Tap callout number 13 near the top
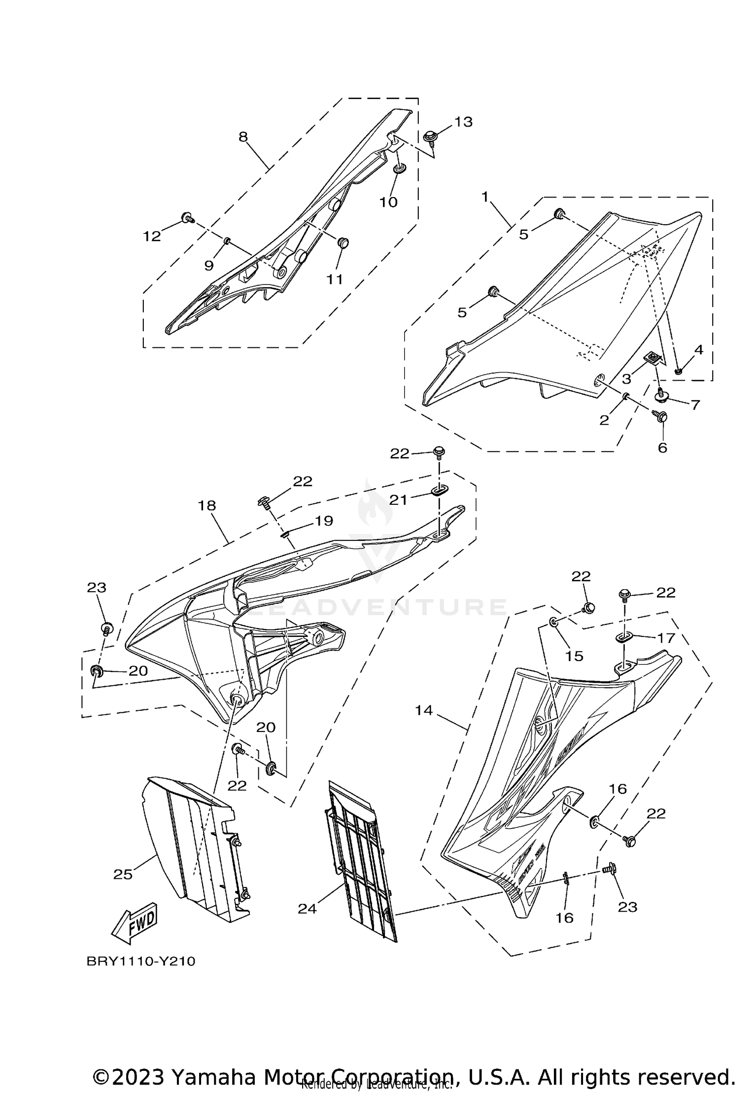point(463,122)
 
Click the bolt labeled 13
point(430,136)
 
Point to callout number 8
point(243,137)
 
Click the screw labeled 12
point(186,218)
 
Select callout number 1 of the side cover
point(485,197)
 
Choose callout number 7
point(695,405)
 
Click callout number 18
point(207,505)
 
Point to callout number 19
point(324,521)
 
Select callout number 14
point(424,710)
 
